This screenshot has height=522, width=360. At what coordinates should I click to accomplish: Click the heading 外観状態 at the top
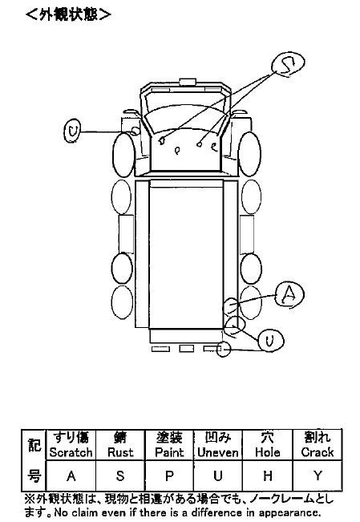68,14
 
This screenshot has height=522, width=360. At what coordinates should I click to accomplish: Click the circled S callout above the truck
288,64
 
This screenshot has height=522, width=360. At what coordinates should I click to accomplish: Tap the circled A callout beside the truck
289,294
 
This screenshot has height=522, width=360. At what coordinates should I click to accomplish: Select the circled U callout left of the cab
72,131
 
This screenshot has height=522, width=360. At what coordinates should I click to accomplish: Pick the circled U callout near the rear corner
270,340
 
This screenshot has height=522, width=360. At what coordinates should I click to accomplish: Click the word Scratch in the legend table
71,452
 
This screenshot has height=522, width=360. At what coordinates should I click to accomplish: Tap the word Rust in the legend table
120,452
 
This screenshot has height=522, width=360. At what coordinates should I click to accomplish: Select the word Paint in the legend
169,452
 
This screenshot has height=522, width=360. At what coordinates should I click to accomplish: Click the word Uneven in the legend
218,452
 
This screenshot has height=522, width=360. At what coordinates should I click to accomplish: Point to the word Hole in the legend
268,452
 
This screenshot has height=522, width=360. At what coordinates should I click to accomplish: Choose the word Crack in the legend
318,452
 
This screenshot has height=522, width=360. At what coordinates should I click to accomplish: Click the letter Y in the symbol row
318,475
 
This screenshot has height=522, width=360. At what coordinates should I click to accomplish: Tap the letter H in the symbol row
268,475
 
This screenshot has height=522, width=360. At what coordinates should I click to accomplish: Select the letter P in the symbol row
169,475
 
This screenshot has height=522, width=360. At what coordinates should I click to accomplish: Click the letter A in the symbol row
71,475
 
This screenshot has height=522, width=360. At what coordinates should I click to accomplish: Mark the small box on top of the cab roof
188,82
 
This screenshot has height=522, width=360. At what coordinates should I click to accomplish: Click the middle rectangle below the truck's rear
187,348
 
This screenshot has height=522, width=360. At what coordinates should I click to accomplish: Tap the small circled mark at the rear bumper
223,350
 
